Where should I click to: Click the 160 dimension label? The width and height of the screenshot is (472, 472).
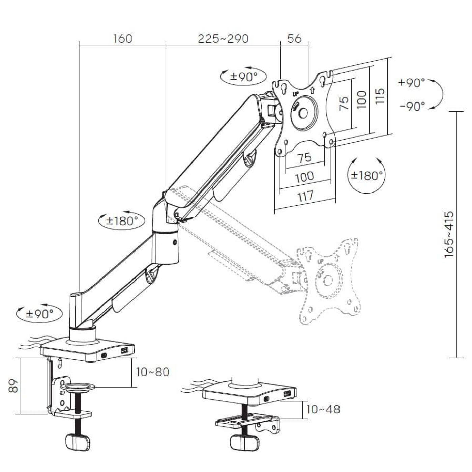(x=122, y=39)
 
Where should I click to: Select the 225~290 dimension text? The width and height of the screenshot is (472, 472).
(x=223, y=39)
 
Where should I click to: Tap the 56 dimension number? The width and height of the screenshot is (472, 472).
(x=294, y=39)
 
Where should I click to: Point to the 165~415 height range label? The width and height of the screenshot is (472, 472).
(x=449, y=234)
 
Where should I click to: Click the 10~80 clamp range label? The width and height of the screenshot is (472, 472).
(x=152, y=372)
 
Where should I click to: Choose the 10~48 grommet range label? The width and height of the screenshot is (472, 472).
(x=323, y=409)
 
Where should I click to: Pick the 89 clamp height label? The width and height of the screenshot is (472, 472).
(x=13, y=386)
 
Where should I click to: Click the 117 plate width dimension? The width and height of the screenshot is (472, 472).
(x=305, y=196)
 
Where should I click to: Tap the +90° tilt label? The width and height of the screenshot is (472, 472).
(x=411, y=83)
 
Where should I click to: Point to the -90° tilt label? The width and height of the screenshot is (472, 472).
(x=412, y=106)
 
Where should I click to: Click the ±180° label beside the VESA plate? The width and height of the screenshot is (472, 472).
(x=366, y=175)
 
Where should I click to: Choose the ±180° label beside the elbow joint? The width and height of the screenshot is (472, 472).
(x=122, y=221)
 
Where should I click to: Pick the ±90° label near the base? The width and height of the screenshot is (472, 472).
(x=40, y=314)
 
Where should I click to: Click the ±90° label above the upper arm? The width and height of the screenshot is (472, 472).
(x=243, y=77)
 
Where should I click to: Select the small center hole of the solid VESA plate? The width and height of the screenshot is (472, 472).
(x=303, y=113)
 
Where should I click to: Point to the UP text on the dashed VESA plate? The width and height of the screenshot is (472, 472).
(x=320, y=261)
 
